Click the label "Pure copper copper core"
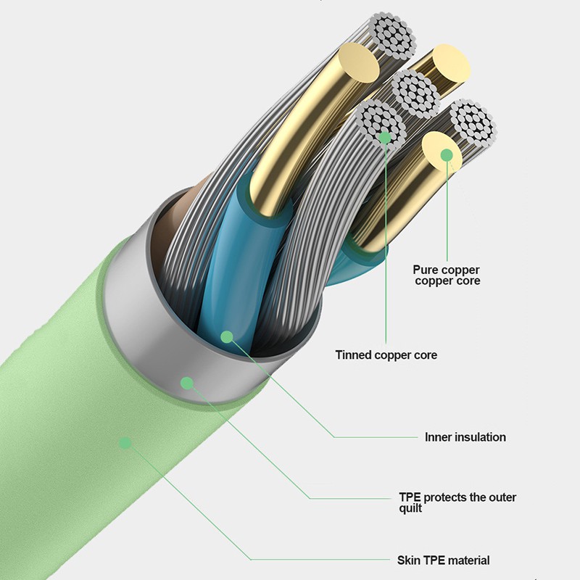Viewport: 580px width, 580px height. point(447,275)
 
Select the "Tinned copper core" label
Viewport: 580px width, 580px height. point(386,355)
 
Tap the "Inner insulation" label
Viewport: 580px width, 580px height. point(465,437)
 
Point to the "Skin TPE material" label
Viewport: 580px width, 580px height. point(443,560)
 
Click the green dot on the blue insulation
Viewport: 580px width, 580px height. point(227,336)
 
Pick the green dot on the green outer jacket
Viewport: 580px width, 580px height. point(125,442)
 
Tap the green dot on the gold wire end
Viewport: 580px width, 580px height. point(447,154)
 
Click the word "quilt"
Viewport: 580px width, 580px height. point(410,508)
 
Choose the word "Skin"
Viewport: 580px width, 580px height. point(408,560)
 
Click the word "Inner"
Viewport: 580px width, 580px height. point(438,437)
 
